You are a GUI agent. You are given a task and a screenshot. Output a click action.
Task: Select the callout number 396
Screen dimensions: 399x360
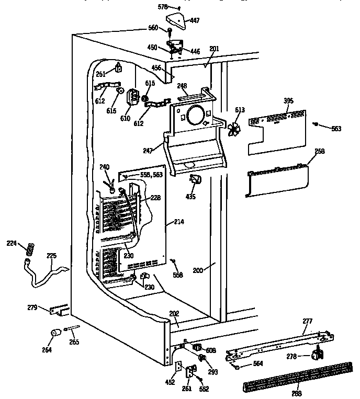click(288, 100)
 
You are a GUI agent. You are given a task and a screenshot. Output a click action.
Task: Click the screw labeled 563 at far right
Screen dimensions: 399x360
click(316, 124)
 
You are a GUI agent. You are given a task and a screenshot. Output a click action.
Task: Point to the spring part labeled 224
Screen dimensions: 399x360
click(29, 248)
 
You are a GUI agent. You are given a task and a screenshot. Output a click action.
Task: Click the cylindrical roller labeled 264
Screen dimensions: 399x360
click(54, 334)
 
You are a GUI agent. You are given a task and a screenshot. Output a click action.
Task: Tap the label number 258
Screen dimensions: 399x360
click(319, 151)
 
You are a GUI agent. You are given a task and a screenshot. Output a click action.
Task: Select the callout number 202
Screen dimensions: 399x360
click(174, 314)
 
